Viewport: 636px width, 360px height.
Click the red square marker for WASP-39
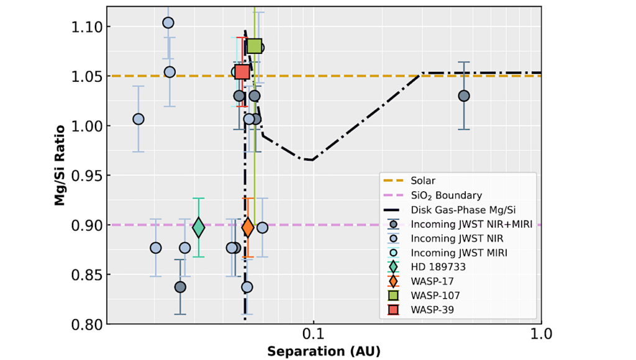click(242, 71)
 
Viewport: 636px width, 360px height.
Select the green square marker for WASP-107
click(254, 47)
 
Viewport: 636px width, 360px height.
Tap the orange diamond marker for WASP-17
click(248, 228)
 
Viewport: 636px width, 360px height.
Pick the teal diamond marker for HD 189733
click(198, 228)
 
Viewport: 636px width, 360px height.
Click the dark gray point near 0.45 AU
click(463, 96)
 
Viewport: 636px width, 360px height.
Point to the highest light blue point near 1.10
click(168, 23)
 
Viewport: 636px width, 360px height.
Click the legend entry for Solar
click(423, 181)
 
